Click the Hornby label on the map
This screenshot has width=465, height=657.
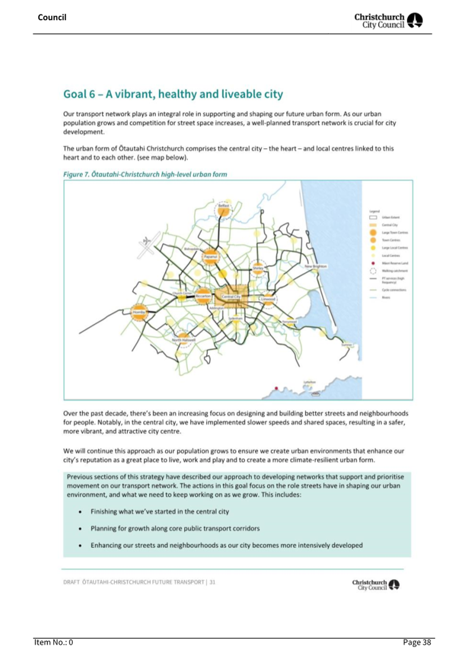(139, 312)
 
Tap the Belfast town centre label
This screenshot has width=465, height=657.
(223, 206)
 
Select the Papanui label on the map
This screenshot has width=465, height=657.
(210, 257)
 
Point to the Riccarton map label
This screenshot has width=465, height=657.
(203, 296)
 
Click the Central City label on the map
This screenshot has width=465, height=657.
(231, 297)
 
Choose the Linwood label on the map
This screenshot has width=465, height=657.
(268, 299)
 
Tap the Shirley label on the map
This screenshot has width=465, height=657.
(258, 268)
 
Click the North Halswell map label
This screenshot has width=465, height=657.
(183, 340)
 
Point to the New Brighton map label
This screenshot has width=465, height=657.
(315, 266)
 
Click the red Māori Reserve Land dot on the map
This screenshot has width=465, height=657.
(276, 388)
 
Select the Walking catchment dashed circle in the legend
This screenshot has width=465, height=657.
(373, 271)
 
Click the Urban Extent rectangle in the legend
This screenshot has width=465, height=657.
(373, 218)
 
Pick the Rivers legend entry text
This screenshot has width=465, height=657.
(386, 298)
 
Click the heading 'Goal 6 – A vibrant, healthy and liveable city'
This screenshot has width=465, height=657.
(173, 94)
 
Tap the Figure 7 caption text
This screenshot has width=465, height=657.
(145, 174)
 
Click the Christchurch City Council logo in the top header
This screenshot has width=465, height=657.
(388, 20)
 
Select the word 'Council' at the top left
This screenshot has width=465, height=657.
(52, 17)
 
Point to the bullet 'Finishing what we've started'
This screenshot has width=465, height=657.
(159, 511)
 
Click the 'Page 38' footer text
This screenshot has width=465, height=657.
(417, 642)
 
